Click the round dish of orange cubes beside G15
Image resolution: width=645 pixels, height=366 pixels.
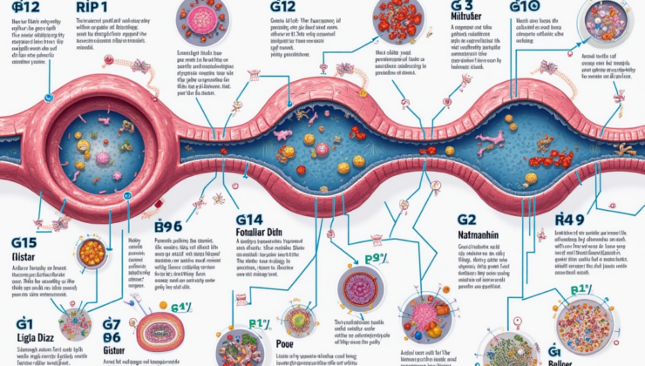pos(92,254)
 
